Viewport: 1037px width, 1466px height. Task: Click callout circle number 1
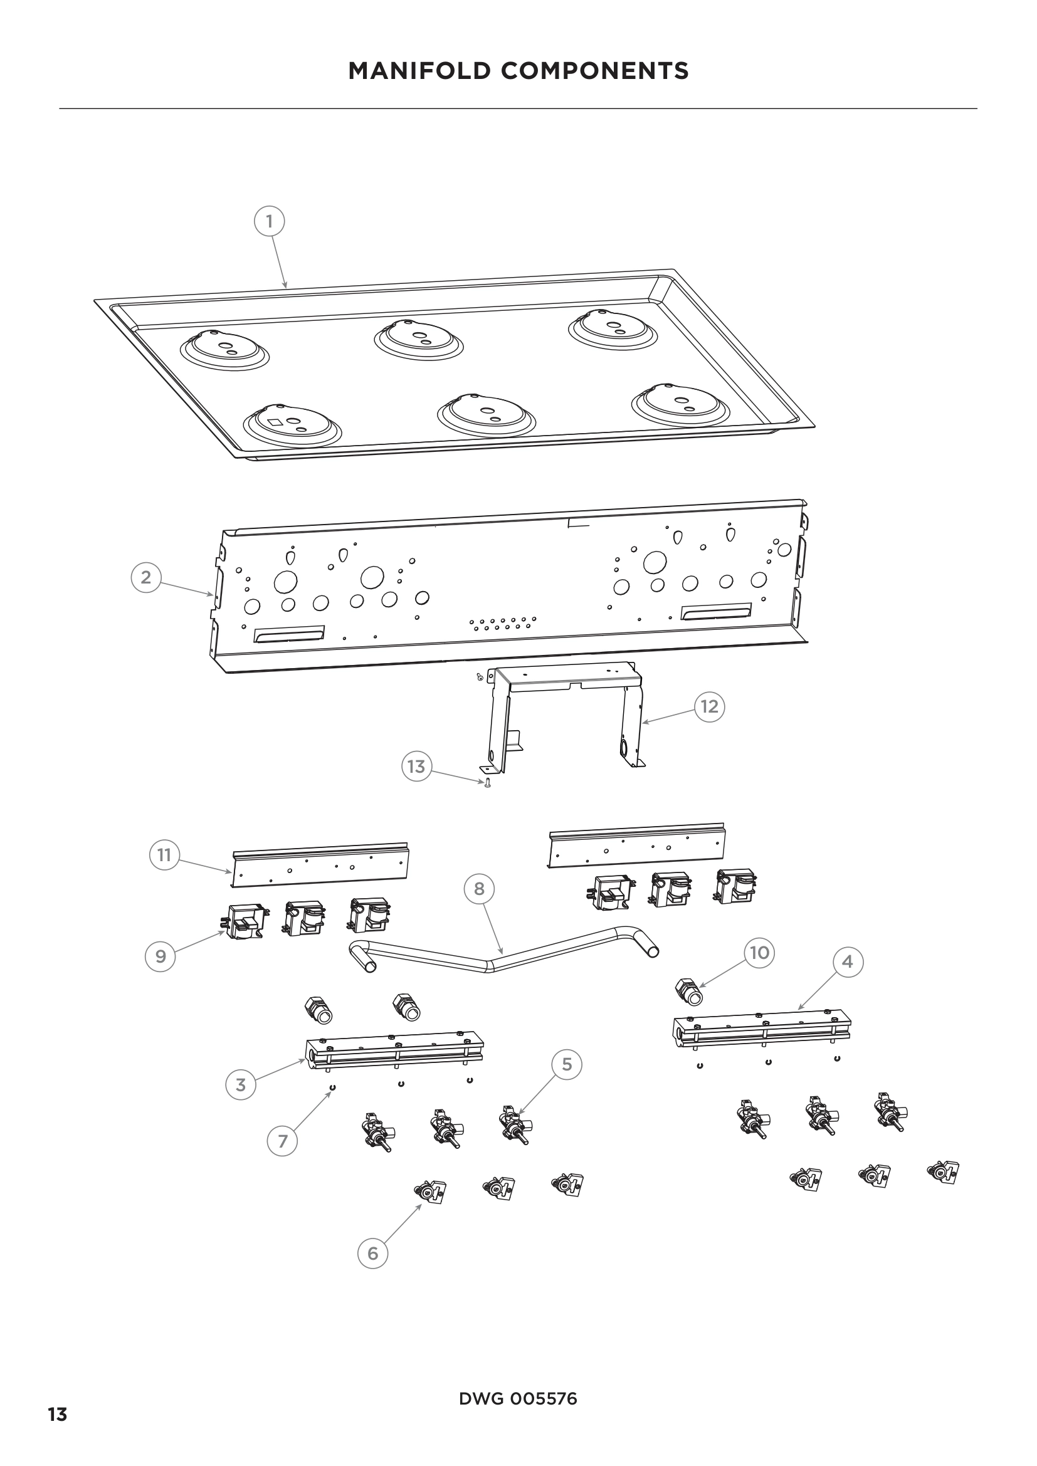[269, 221]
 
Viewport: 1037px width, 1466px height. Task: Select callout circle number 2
[146, 577]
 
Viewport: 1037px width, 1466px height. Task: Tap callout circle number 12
[710, 706]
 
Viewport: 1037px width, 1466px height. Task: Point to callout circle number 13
[416, 766]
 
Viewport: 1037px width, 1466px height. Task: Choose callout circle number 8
[479, 889]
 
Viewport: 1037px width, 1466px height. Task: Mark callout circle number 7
[283, 1141]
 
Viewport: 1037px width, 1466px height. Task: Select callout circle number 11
[165, 855]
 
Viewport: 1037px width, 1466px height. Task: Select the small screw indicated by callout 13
[488, 783]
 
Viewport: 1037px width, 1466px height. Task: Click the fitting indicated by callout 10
[688, 992]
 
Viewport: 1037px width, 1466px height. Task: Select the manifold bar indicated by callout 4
[762, 1030]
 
